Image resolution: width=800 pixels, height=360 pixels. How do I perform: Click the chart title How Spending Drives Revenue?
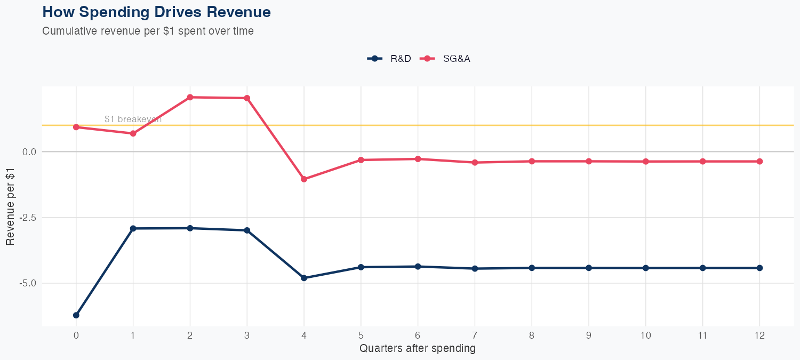(156, 12)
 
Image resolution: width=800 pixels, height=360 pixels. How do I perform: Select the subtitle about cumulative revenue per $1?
(148, 31)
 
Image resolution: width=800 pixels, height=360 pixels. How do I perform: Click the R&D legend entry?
(389, 59)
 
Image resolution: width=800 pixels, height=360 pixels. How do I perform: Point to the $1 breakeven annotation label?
(133, 119)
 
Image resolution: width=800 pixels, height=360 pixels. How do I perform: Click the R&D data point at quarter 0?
(76, 315)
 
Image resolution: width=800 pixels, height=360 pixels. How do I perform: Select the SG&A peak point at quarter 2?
(190, 97)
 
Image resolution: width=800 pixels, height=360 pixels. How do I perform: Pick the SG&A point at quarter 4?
(304, 179)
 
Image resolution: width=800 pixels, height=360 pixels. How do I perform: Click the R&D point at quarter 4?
(304, 278)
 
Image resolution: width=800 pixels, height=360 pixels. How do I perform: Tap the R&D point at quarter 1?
(133, 228)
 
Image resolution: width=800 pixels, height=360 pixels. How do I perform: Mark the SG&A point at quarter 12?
(759, 161)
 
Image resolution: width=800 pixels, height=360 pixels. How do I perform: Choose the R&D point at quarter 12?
(759, 268)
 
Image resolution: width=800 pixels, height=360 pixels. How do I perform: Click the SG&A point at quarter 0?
(76, 127)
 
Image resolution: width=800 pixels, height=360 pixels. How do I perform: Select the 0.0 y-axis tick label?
(29, 152)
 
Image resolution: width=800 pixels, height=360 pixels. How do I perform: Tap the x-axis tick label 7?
(475, 335)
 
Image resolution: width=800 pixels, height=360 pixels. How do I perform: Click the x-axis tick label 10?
(645, 335)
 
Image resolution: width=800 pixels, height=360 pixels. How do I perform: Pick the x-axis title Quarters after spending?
(418, 349)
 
